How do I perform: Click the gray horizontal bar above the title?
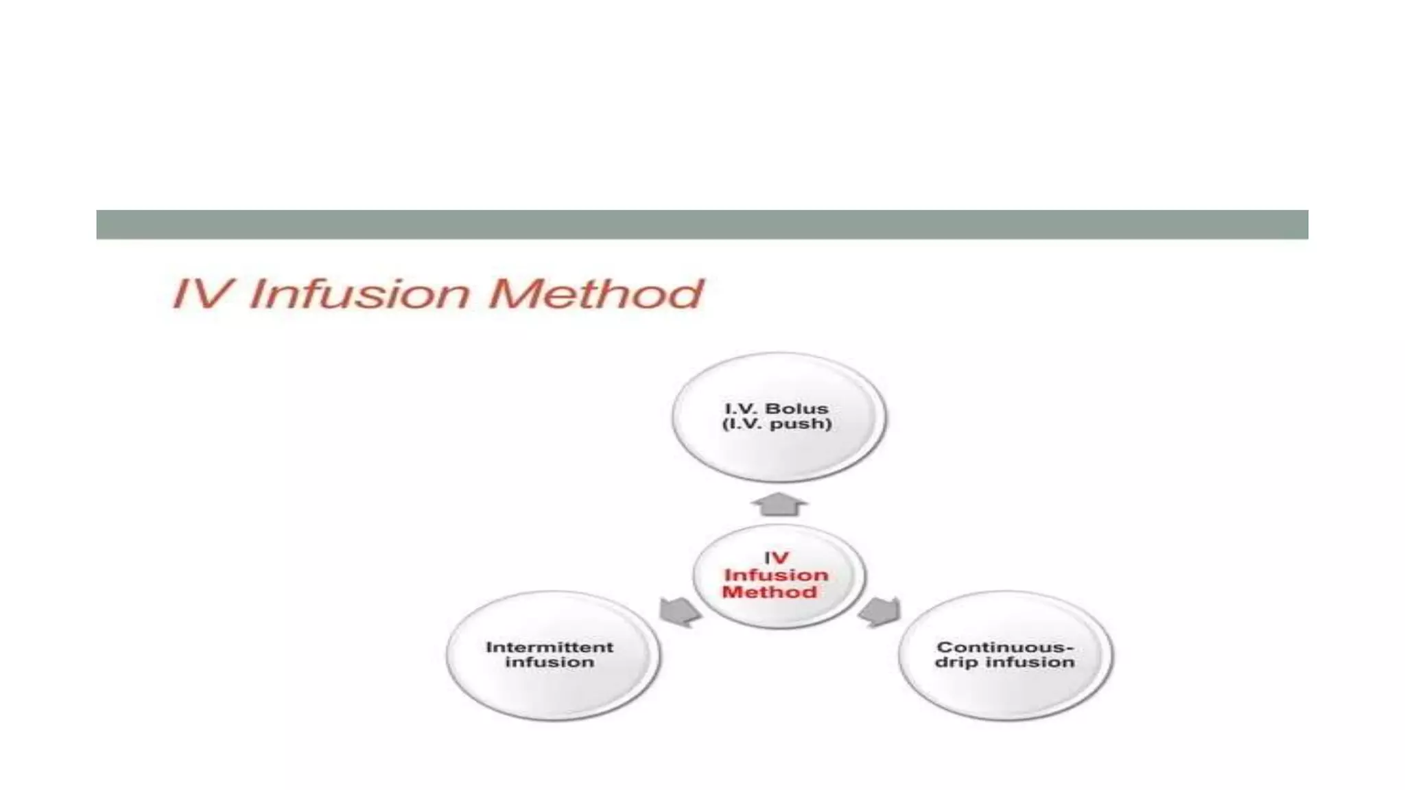[702, 224]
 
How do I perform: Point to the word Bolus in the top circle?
[796, 409]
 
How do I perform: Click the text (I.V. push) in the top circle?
[777, 424]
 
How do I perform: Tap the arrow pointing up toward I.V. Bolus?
[779, 505]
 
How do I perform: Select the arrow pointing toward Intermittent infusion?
[678, 611]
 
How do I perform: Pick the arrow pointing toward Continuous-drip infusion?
[879, 611]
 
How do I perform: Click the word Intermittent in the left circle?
[550, 647]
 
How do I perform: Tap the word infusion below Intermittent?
[550, 662]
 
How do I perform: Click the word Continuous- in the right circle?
[1005, 647]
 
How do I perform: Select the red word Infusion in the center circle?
[776, 575]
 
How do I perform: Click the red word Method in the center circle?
[769, 592]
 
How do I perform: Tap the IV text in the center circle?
[776, 558]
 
